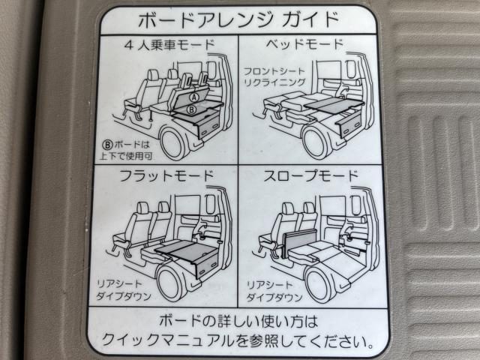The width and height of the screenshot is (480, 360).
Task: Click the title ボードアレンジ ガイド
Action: [x=238, y=20]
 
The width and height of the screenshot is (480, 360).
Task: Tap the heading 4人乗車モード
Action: [x=169, y=45]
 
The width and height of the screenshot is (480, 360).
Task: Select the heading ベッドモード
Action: [x=304, y=45]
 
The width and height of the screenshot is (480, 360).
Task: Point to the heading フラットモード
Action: [x=166, y=176]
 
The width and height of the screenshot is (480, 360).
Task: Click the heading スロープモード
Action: [x=310, y=176]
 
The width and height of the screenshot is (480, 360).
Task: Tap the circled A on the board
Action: [x=194, y=97]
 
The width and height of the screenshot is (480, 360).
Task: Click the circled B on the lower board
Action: [x=191, y=109]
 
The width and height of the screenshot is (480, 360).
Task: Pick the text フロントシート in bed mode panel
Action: [x=274, y=72]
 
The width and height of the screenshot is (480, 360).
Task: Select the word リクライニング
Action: [x=274, y=82]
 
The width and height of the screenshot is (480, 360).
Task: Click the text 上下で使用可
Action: [x=125, y=156]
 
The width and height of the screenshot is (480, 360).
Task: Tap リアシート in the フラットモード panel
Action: [x=119, y=284]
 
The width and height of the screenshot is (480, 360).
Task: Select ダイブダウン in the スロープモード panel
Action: [x=274, y=297]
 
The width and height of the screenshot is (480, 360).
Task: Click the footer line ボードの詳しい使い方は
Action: [x=238, y=322]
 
